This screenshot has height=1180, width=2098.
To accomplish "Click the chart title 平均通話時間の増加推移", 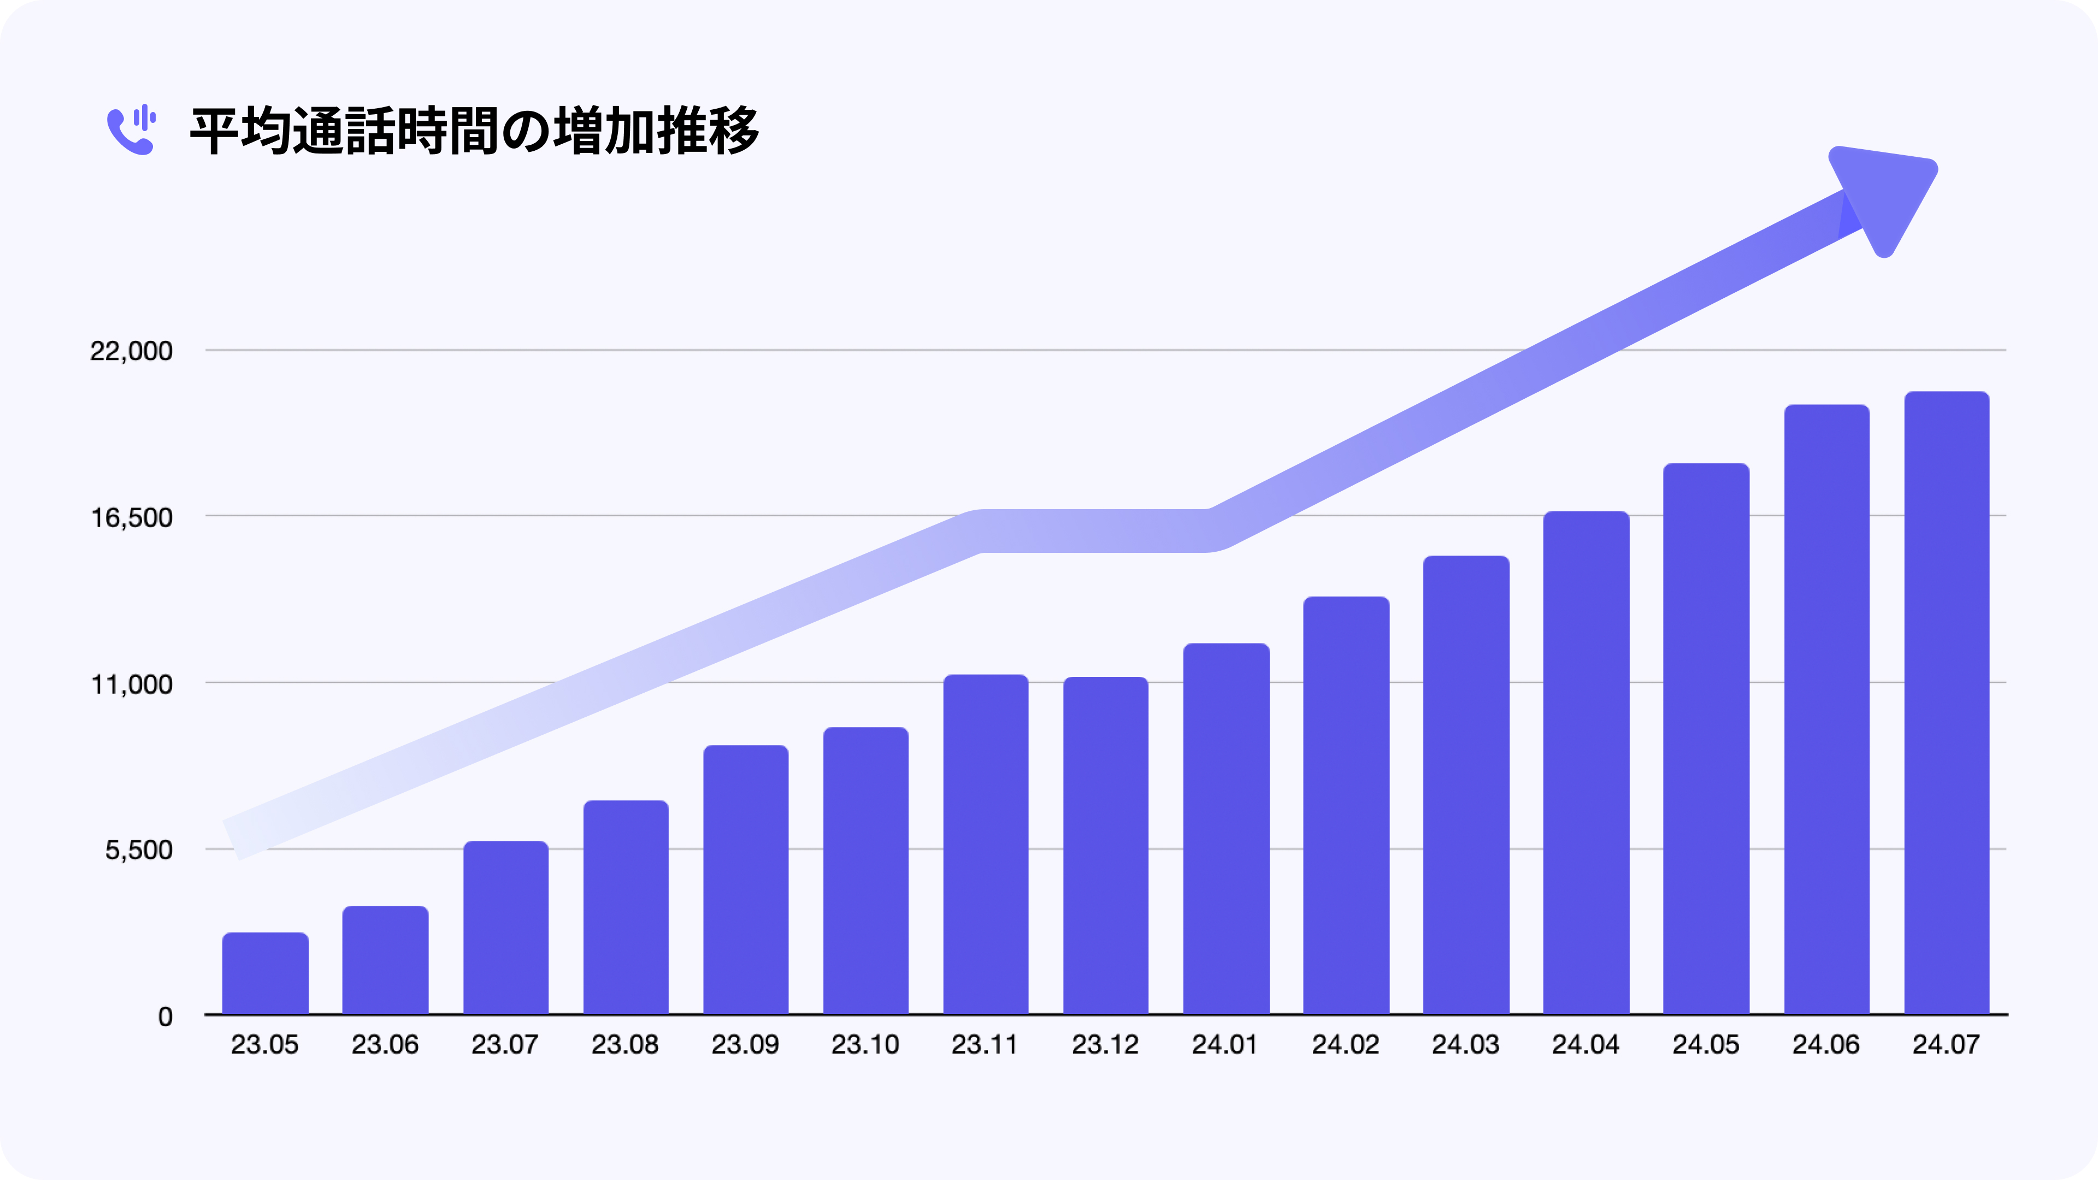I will point(474,131).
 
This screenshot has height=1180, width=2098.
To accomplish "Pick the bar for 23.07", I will point(506,928).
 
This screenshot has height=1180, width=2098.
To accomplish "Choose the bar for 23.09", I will point(746,880).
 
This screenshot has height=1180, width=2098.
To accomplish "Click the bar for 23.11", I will point(986,845).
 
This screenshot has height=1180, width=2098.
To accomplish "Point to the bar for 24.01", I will point(1225,829).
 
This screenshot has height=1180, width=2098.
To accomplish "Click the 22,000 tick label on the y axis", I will point(131,351).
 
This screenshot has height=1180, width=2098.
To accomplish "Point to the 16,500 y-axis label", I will point(131,517).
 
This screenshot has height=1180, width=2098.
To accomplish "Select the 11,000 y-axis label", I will point(131,684).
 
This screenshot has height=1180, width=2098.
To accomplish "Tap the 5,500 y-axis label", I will point(138,850).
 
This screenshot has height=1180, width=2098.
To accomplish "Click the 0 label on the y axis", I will point(166,1016).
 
